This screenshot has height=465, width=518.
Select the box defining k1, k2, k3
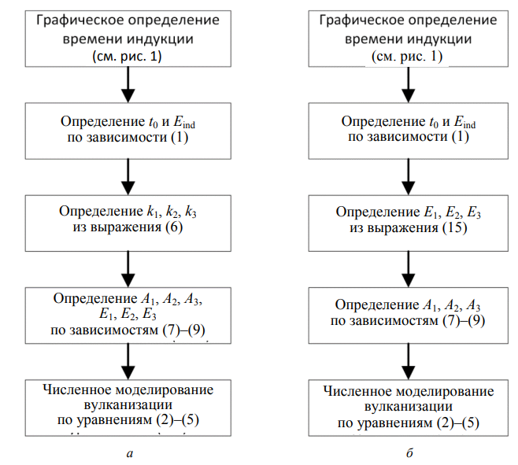coord(126,221)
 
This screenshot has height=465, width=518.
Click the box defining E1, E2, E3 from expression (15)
coord(407,221)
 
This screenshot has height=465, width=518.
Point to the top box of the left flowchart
coord(126,37)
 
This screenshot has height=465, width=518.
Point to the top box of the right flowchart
coord(407,37)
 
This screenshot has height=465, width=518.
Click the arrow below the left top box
coord(126,85)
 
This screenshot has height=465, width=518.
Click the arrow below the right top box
coord(407,85)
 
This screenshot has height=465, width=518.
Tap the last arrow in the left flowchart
coord(126,361)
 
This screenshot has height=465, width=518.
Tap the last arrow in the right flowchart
coord(407,361)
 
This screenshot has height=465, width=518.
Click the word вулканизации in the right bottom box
coord(407,407)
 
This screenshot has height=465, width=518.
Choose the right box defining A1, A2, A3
coord(407,312)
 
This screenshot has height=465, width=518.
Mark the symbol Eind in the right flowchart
coord(464,123)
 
